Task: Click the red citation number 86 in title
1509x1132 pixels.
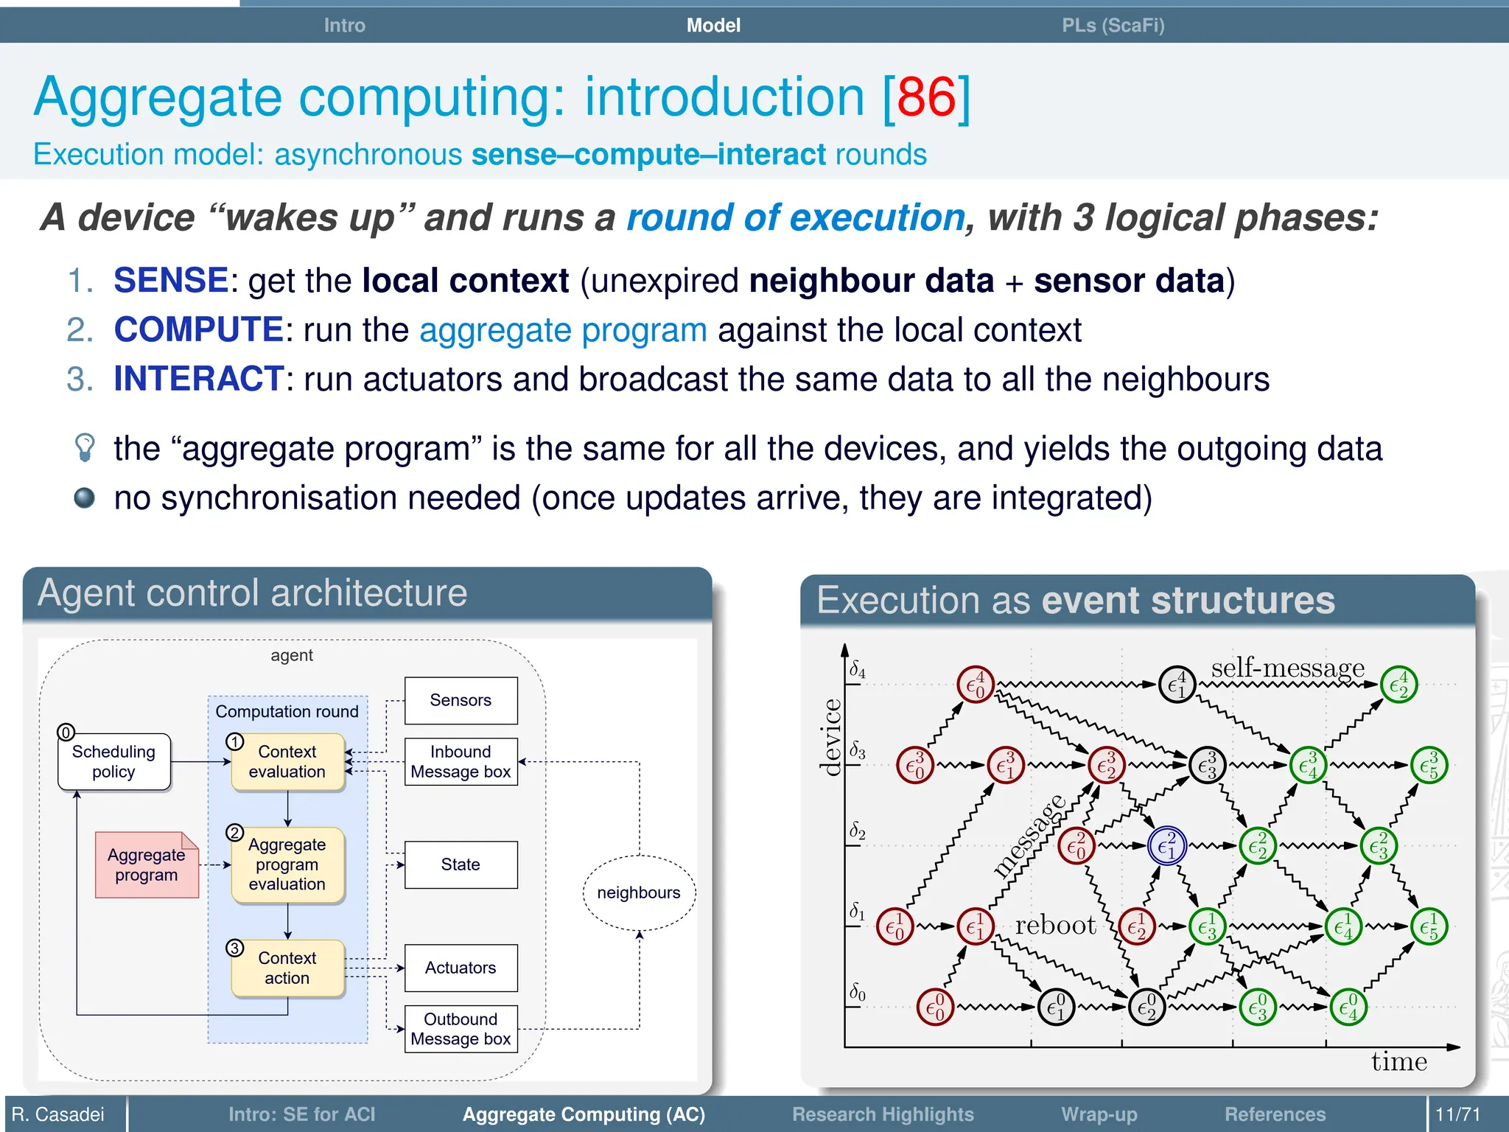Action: point(926,98)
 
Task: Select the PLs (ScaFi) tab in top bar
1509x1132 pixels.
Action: point(1113,26)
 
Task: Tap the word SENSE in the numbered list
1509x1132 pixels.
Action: point(171,281)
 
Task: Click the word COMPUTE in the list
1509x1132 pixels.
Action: point(198,329)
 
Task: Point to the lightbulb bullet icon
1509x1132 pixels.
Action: point(85,447)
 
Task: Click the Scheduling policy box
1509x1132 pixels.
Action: point(114,762)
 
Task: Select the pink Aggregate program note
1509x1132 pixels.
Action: point(147,865)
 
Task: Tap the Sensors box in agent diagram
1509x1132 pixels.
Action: point(461,700)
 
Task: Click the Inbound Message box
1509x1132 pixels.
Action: point(461,762)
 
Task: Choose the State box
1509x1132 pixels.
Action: point(461,864)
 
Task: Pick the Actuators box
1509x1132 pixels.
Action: point(461,968)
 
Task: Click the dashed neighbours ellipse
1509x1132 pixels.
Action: point(639,892)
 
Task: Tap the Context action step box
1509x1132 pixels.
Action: point(287,968)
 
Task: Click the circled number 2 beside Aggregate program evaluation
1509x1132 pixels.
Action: point(234,833)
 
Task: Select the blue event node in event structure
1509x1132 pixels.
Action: point(1166,846)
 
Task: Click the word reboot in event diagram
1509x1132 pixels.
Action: point(1055,925)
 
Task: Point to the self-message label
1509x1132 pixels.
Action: point(1287,668)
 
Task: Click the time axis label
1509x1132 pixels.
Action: point(1398,1062)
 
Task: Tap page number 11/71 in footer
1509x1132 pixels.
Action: point(1457,1114)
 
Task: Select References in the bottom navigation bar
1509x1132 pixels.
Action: point(1275,1114)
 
